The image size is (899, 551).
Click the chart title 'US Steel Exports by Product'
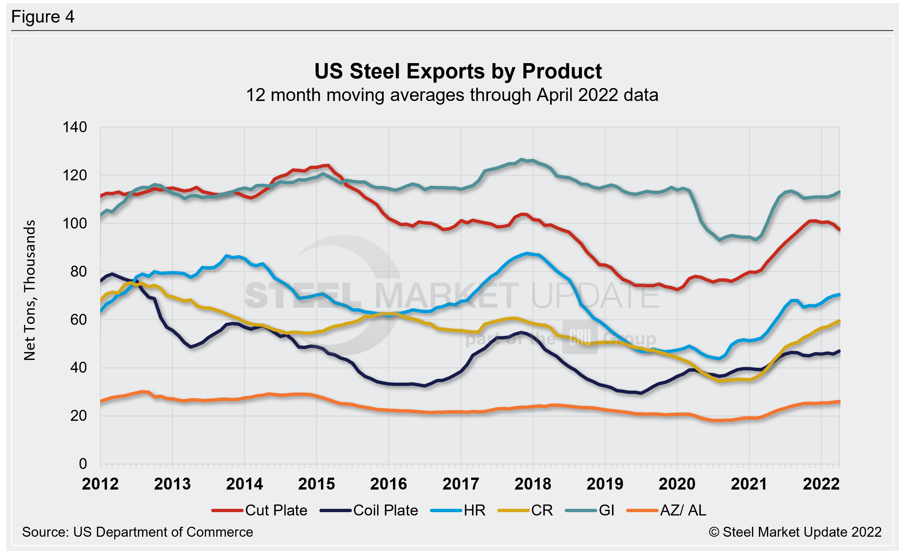tap(458, 71)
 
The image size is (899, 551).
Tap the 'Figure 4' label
tap(43, 17)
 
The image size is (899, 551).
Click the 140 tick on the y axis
tap(75, 127)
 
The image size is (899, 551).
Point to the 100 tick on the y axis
tap(75, 223)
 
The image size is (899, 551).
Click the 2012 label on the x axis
tap(100, 484)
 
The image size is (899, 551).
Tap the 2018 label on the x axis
tap(533, 484)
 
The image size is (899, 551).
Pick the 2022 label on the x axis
tap(821, 484)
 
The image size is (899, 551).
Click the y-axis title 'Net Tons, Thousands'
tap(30, 290)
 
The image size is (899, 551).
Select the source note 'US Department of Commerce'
tap(137, 532)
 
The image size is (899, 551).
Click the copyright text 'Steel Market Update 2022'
tap(795, 532)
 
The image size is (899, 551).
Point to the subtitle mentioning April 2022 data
tap(452, 95)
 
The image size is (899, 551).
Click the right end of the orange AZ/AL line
tap(839, 402)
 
